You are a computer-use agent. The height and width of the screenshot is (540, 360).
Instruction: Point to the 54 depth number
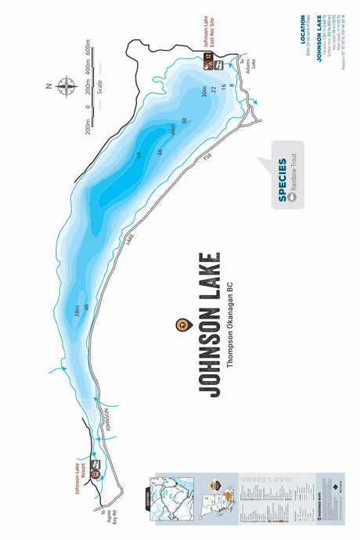[139, 157]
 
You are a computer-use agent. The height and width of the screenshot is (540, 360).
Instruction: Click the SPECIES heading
[283, 179]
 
